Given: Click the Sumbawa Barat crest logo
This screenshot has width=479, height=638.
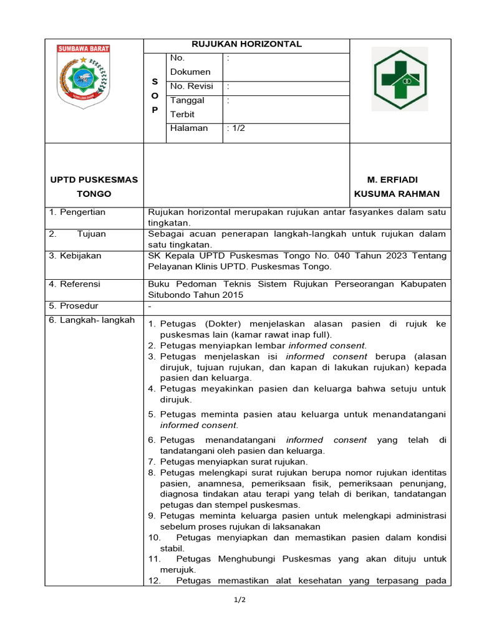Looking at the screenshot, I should (83, 77).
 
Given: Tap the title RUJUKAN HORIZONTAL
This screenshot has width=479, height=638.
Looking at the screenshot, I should (246, 44).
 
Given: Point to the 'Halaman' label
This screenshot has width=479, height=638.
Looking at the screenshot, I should (189, 128).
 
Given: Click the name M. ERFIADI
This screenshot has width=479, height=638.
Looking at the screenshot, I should (396, 180).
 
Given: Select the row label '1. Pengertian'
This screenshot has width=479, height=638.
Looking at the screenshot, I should (77, 212).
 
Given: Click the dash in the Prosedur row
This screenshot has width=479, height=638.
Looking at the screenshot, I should (150, 307).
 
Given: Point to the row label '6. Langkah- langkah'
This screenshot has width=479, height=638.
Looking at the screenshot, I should (92, 320).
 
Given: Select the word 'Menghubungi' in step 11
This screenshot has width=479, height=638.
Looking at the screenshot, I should (246, 559).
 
